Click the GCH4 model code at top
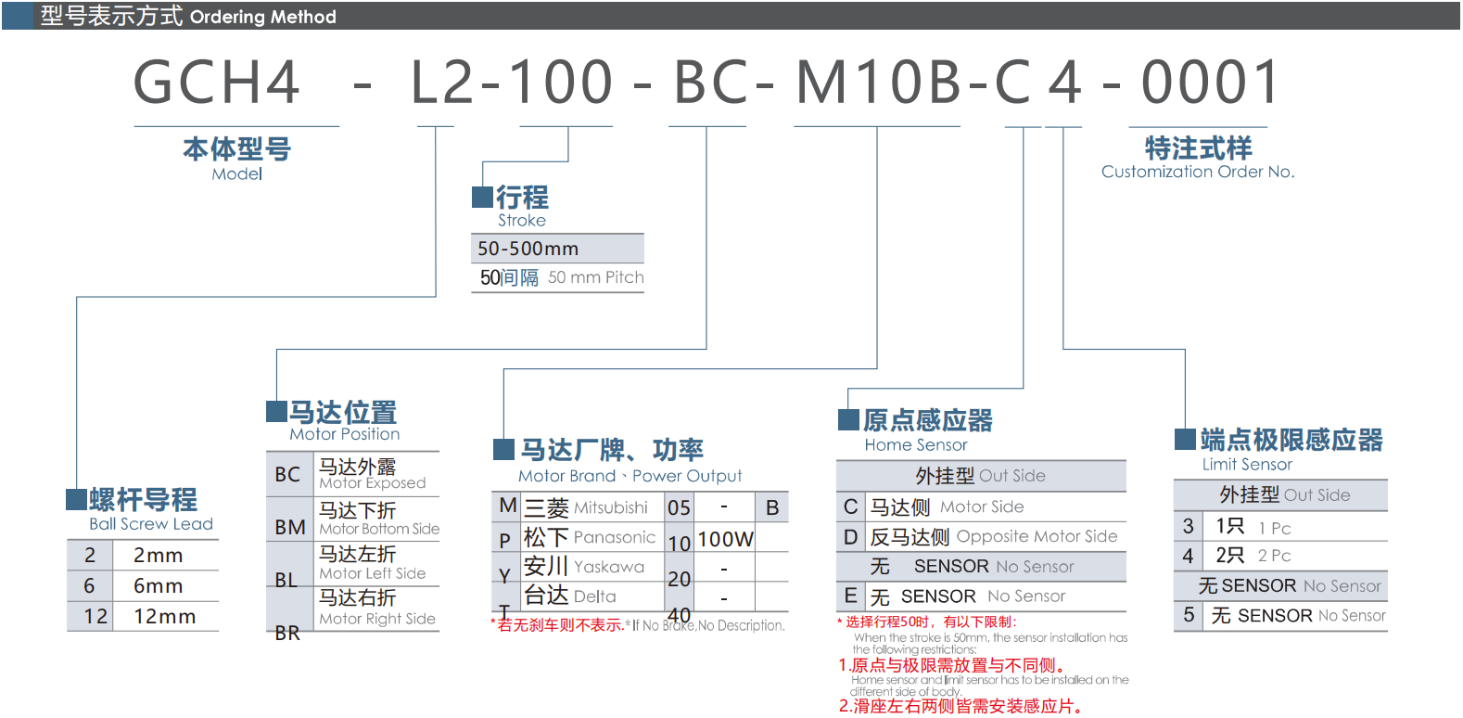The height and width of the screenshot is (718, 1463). [x=217, y=82]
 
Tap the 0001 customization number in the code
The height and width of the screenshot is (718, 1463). [x=1211, y=82]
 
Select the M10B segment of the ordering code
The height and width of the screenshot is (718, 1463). [x=879, y=82]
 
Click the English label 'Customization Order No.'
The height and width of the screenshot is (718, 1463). [x=1198, y=172]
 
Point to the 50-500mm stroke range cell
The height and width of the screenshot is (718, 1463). [x=528, y=249]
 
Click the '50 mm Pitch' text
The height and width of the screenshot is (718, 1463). [x=595, y=277]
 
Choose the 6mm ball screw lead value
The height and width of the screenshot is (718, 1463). [x=158, y=586]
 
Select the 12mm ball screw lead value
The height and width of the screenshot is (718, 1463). [x=164, y=617]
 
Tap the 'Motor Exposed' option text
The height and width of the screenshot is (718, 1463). [x=373, y=483]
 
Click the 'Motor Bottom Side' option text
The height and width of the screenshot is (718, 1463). [x=379, y=529]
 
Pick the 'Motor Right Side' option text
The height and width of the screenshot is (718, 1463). [x=377, y=619]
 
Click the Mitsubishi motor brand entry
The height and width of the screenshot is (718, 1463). [x=610, y=507]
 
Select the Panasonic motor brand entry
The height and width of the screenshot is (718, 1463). [x=614, y=537]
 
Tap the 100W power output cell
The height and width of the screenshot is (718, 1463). [x=725, y=539]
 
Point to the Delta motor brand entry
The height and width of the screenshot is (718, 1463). [x=594, y=596]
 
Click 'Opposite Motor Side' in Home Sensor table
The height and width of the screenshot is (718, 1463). [x=1037, y=536]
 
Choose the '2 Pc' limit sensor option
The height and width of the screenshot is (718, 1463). [x=1274, y=556]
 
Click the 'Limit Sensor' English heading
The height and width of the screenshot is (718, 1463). [x=1247, y=465]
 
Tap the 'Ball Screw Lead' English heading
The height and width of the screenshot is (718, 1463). [x=151, y=524]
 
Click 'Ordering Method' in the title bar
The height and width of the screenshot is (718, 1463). [x=263, y=17]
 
